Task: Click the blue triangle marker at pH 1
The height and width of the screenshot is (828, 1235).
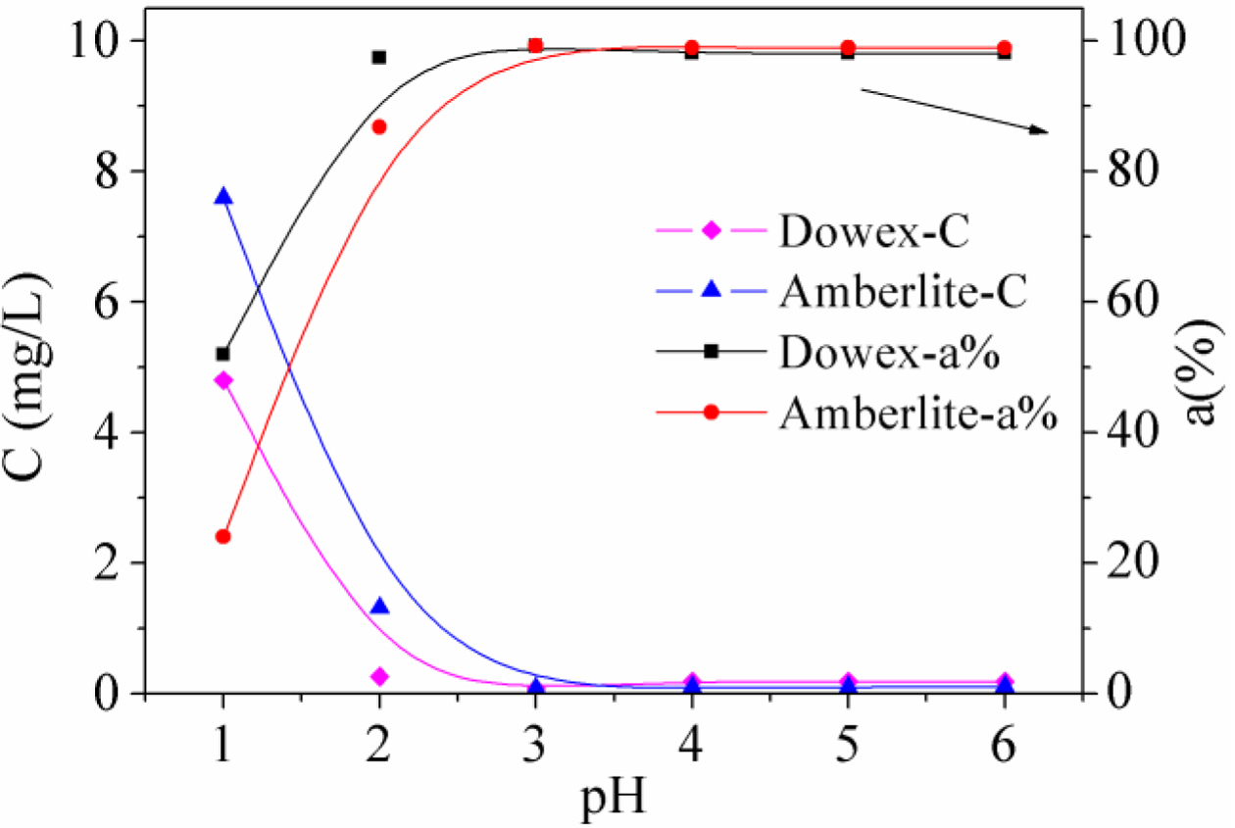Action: (223, 196)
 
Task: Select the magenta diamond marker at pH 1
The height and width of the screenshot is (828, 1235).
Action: (223, 380)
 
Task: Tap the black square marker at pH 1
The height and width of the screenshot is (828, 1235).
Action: (223, 354)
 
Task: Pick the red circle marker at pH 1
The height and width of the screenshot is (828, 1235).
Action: (223, 536)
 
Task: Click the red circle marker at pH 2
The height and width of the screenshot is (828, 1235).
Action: (379, 126)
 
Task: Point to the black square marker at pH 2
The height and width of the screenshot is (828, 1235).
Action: (379, 57)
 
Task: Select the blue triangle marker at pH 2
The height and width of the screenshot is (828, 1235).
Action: (380, 607)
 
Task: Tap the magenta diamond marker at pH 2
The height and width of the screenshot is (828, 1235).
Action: (379, 676)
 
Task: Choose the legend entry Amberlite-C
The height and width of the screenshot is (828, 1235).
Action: (903, 292)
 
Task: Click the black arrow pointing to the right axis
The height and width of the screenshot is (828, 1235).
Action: (955, 111)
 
